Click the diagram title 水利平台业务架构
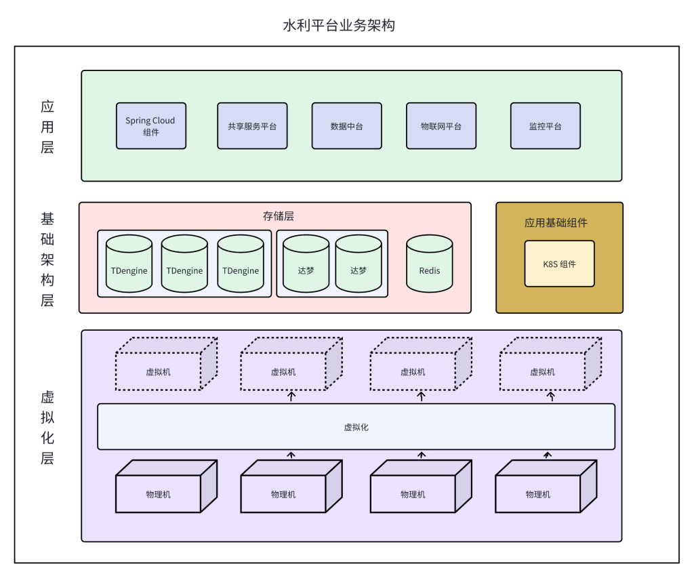pos(339,26)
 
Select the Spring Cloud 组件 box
pos(150,126)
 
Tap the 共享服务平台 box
pos(252,126)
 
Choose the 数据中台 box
pos(346,126)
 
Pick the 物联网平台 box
pos(441,126)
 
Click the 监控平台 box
pos(545,126)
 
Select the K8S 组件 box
pos(559,264)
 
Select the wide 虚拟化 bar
pos(356,427)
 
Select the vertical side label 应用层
pos(47,127)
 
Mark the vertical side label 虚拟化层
pos(47,428)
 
